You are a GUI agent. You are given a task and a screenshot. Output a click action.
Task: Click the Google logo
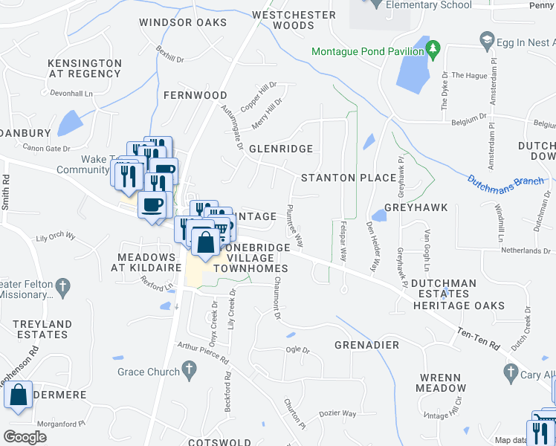25,437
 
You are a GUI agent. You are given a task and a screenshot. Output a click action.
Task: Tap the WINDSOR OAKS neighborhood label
183,23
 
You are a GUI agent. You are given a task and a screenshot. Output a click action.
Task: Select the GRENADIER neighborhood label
366,345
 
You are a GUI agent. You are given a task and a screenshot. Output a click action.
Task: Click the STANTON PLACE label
348,178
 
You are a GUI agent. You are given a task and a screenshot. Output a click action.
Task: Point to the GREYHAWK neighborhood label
416,207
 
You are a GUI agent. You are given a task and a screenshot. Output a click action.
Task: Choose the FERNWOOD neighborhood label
195,95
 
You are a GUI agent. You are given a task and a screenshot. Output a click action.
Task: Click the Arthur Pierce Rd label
203,353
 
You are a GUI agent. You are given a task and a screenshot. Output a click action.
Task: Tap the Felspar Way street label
343,239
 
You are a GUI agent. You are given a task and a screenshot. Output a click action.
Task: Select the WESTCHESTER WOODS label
283,20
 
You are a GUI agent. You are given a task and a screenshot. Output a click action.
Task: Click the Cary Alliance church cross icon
511,371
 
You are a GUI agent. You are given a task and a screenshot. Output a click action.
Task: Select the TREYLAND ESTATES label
42,329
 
